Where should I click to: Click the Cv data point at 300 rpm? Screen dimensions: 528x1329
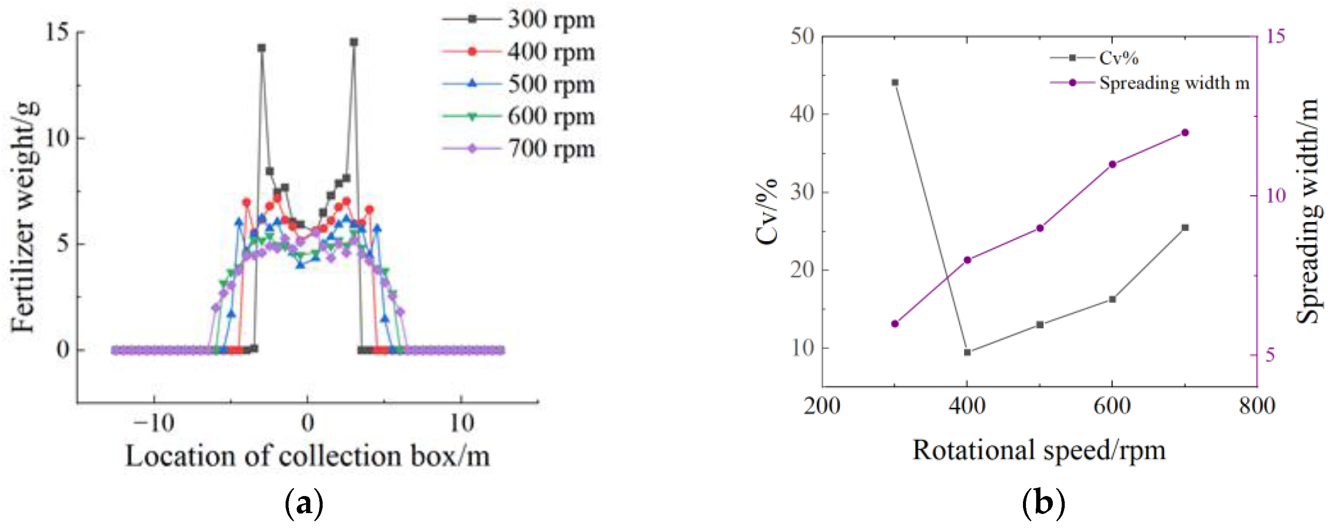pos(895,83)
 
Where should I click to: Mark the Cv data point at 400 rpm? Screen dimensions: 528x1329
pos(968,352)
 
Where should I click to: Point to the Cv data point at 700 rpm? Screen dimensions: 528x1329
pos(1185,228)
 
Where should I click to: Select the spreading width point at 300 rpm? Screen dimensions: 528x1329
pos(895,324)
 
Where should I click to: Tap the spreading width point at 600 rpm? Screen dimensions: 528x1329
pos(1112,164)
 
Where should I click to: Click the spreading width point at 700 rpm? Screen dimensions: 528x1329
pos(1185,133)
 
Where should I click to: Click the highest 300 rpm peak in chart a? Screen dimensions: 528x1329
pos(353,42)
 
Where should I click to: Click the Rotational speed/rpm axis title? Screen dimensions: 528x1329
pos(1039,450)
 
